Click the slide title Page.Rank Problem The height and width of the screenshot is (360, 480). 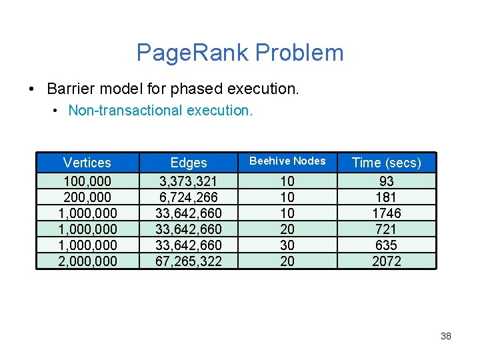tap(240, 53)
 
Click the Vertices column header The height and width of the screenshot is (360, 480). tap(87, 163)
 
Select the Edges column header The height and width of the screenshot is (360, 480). tap(189, 163)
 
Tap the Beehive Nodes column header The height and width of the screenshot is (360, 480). tap(287, 161)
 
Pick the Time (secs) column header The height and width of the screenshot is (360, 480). tap(387, 163)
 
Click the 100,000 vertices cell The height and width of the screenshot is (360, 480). tap(87, 181)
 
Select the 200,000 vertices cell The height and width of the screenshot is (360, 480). tap(87, 197)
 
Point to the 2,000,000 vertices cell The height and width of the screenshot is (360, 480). tap(87, 261)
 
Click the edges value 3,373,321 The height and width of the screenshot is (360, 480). tap(189, 181)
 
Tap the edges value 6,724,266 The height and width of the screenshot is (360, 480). tap(189, 197)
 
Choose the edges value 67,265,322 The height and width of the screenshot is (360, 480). tap(189, 261)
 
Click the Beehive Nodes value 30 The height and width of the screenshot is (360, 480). tap(287, 245)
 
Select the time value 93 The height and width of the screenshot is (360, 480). tap(387, 181)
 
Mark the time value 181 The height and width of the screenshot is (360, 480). tap(387, 197)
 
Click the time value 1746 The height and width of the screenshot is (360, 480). tap(387, 213)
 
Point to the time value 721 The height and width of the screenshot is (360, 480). tap(387, 229)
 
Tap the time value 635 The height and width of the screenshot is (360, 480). tap(387, 245)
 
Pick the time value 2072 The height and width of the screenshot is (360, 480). tap(387, 261)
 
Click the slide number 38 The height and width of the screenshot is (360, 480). tap(446, 336)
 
